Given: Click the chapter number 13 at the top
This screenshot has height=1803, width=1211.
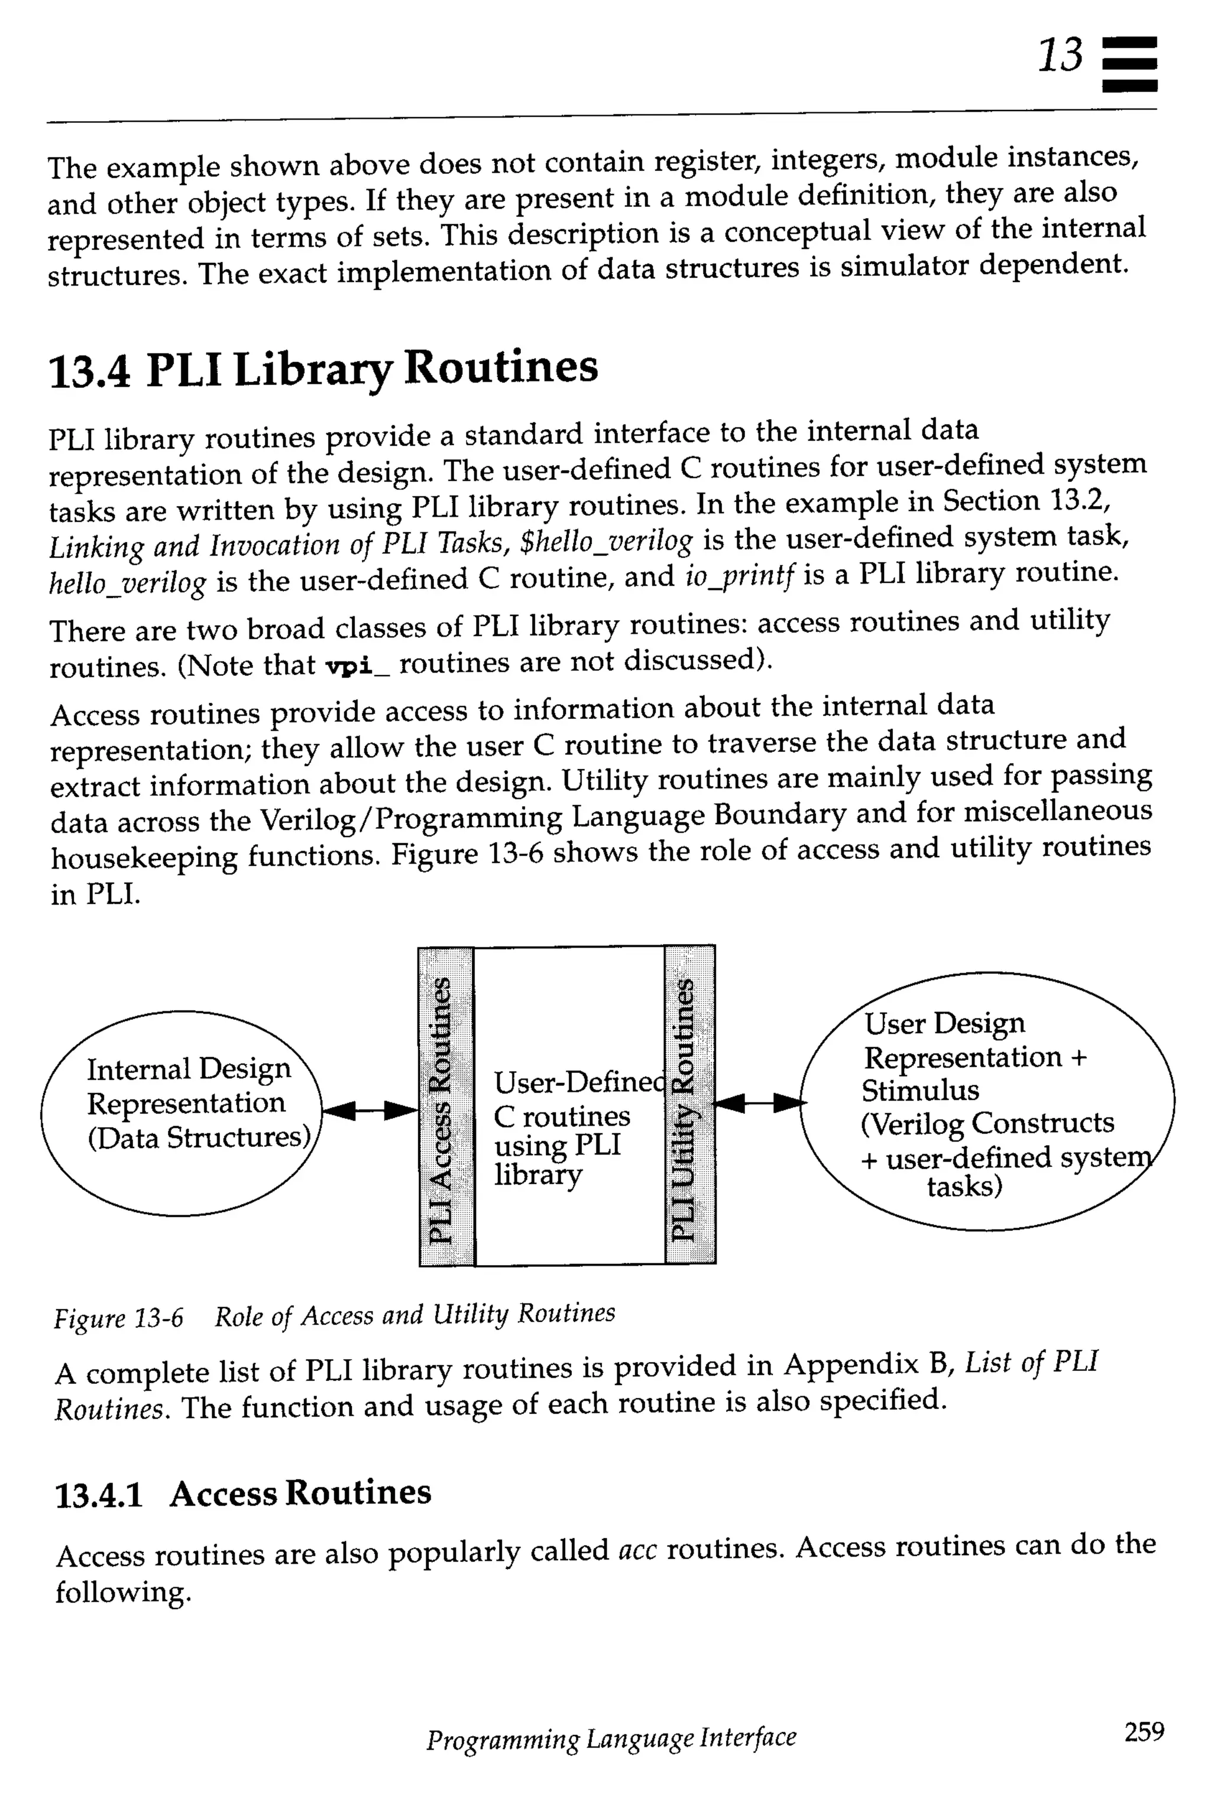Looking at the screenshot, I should pyautogui.click(x=1060, y=56).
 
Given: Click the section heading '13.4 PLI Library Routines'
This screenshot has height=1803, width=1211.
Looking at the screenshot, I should pyautogui.click(x=323, y=368).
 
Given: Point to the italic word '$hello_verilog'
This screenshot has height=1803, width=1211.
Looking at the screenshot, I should pyautogui.click(x=608, y=541).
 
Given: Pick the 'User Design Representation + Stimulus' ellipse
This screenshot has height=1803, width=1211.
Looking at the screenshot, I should pyautogui.click(x=987, y=1101).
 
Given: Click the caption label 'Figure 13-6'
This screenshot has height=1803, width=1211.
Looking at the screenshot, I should pyautogui.click(x=118, y=1317).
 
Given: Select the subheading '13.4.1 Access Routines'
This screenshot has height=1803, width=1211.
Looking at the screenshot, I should pyautogui.click(x=242, y=1493).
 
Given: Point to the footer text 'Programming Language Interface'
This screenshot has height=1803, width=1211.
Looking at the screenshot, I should pyautogui.click(x=611, y=1737).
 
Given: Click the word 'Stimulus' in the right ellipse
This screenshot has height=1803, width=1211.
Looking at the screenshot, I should pyautogui.click(x=920, y=1090).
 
